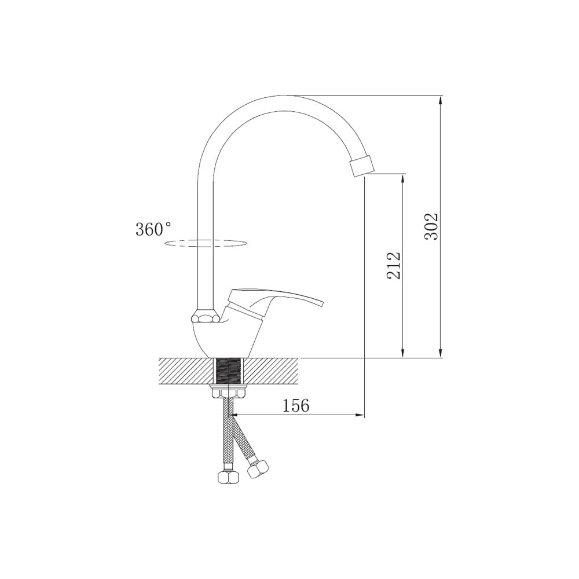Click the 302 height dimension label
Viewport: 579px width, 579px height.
pyautogui.click(x=431, y=227)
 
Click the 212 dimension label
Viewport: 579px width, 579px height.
pyautogui.click(x=394, y=266)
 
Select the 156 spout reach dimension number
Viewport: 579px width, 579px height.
pyautogui.click(x=296, y=406)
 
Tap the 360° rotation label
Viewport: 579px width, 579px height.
pyautogui.click(x=153, y=229)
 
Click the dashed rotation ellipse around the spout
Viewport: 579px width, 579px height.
pyautogui.click(x=206, y=243)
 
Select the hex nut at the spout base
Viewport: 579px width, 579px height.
pyautogui.click(x=206, y=317)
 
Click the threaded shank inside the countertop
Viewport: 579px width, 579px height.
pyautogui.click(x=229, y=371)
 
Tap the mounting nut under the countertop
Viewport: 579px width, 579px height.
pyautogui.click(x=229, y=391)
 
